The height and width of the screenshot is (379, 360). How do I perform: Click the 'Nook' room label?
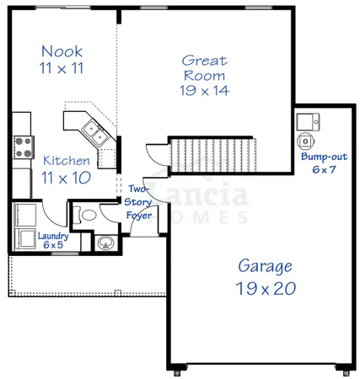click(62, 50)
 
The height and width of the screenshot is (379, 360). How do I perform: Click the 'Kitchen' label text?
click(67, 160)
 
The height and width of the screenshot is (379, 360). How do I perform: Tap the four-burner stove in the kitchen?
click(22, 147)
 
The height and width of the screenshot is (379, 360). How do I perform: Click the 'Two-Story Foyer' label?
click(137, 202)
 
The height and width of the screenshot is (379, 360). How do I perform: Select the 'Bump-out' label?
click(321, 157)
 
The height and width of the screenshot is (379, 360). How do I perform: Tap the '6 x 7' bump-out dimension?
click(321, 169)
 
